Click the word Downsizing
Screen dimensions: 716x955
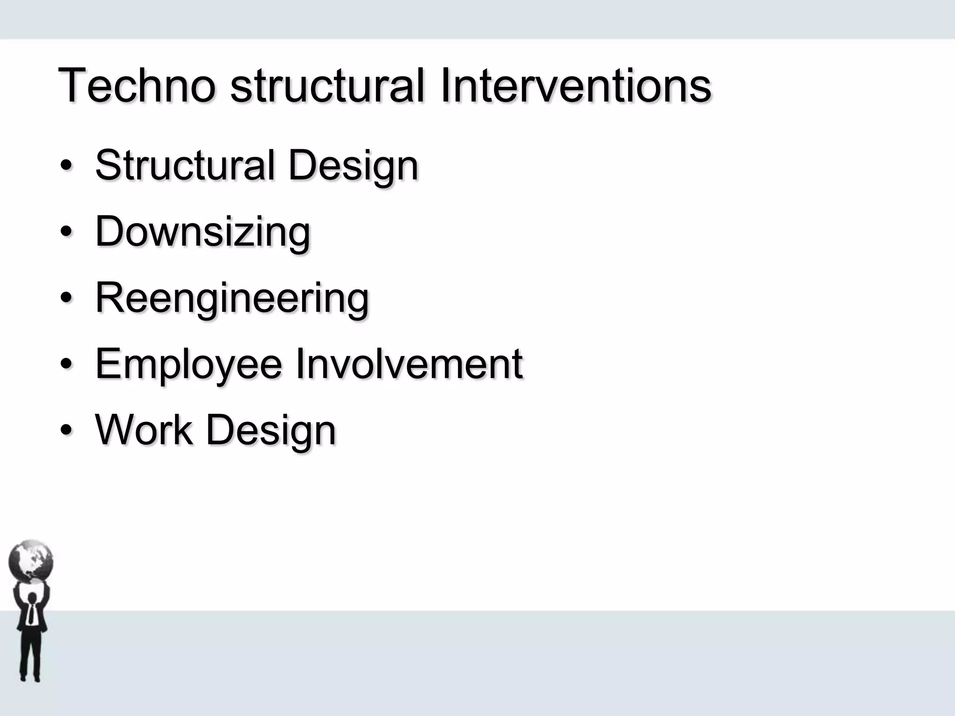click(203, 232)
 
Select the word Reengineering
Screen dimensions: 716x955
click(232, 299)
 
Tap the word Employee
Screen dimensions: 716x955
click(188, 365)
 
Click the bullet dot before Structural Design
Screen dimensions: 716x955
click(66, 166)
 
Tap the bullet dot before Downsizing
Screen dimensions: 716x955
click(66, 232)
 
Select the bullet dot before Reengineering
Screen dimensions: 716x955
click(66, 298)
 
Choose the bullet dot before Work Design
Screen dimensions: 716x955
click(66, 430)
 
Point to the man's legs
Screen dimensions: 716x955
click(30, 657)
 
